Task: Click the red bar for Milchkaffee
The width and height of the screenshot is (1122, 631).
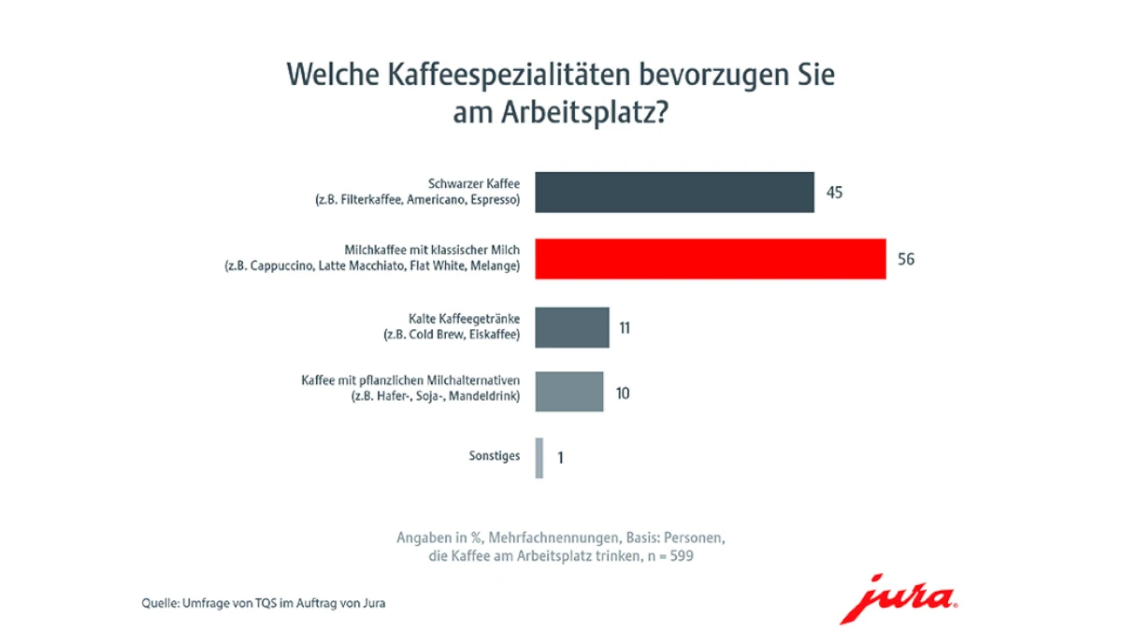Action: point(711,259)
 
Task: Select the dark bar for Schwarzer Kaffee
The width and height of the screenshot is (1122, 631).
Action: point(674,193)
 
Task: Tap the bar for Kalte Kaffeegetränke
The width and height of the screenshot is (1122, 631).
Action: point(571,327)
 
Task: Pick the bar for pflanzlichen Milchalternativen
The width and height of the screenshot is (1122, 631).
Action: point(568,392)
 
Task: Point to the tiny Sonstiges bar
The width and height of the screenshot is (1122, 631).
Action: point(539,458)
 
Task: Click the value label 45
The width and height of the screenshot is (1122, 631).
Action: point(835,193)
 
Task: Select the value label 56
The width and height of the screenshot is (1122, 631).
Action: point(905,260)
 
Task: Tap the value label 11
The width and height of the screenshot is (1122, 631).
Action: point(625,328)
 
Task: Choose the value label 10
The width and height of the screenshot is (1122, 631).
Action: point(622,393)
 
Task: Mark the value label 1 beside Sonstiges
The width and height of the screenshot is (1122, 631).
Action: point(560,458)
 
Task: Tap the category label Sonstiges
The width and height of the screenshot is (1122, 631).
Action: point(494,457)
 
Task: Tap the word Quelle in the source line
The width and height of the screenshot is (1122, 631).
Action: point(159,603)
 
